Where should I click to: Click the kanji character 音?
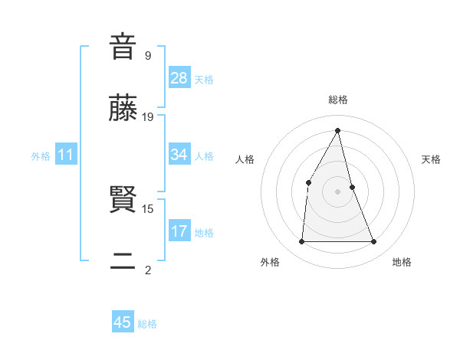click(x=123, y=47)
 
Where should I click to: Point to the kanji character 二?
click(x=123, y=263)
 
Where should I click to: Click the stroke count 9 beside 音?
click(x=148, y=55)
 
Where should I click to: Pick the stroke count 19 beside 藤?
click(x=148, y=116)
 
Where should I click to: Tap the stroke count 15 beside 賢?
click(x=148, y=208)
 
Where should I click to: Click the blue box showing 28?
click(x=179, y=78)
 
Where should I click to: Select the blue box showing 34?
click(x=179, y=155)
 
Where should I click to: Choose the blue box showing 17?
click(x=179, y=231)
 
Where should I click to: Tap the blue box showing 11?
click(x=66, y=155)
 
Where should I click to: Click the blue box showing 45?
click(x=123, y=322)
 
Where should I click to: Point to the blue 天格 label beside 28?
click(x=204, y=80)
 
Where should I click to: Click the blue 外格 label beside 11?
click(x=41, y=156)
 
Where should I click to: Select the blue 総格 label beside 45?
click(x=147, y=324)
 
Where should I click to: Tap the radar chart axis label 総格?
click(x=338, y=100)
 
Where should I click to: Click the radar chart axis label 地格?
click(x=402, y=262)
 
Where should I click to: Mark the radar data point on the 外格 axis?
click(x=301, y=242)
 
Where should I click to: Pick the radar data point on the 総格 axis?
click(x=338, y=130)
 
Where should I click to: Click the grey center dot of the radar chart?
click(x=338, y=191)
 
